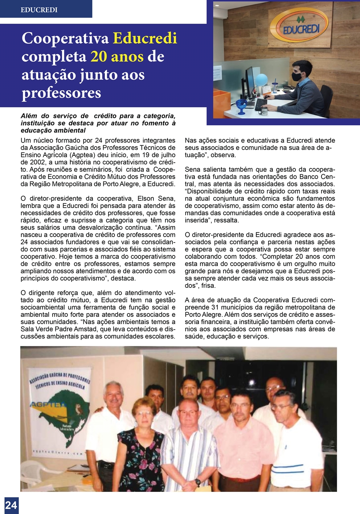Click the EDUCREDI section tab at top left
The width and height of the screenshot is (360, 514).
[x=39, y=10]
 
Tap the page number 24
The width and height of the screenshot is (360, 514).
[x=11, y=505]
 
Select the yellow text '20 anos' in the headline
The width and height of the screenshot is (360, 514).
[x=117, y=57]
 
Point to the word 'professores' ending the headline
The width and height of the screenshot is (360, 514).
[x=61, y=93]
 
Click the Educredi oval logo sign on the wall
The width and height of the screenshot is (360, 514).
[x=298, y=25]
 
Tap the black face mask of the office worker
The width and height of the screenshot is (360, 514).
[x=297, y=76]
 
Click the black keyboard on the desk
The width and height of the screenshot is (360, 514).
[x=261, y=104]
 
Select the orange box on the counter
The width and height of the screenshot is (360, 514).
[x=221, y=103]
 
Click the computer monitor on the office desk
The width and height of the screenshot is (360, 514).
[x=250, y=82]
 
